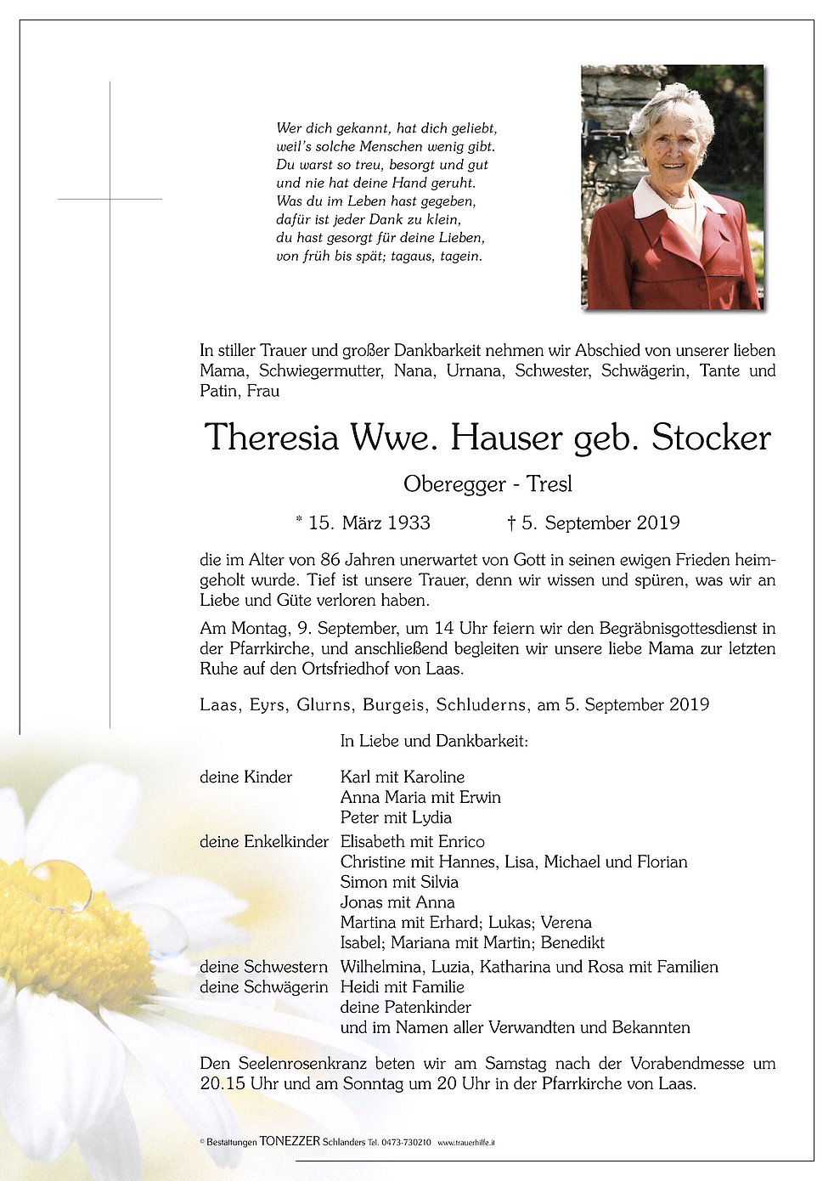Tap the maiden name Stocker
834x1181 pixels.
point(711,438)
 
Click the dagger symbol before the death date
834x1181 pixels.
point(511,523)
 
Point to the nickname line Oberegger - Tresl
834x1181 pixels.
point(487,484)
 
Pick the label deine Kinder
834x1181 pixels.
point(245,777)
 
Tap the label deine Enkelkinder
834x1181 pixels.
point(263,841)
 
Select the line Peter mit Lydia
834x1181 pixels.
point(396,817)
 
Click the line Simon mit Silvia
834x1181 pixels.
point(399,882)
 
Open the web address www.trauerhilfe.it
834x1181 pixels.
point(466,1144)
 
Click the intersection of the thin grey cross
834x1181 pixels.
point(110,199)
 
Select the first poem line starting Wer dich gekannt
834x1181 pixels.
point(386,128)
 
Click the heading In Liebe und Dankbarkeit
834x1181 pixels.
point(434,741)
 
